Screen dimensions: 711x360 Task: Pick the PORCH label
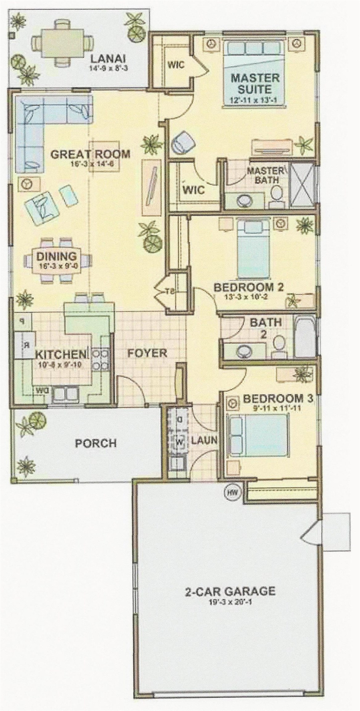96,443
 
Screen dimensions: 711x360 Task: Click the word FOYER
148,353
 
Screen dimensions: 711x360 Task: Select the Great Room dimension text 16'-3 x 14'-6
90,164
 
